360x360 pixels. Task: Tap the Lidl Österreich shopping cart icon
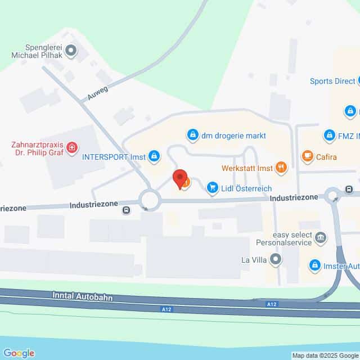point(212,187)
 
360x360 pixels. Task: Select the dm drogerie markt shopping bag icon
point(193,135)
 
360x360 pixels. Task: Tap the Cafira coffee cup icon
point(307,156)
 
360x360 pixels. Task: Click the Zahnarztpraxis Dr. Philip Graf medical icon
point(72,148)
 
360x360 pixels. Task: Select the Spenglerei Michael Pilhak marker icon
point(71,51)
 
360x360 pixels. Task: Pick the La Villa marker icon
point(276,259)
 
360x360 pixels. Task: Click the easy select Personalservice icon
point(321,238)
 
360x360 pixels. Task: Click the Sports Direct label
point(332,81)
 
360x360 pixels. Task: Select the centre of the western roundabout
point(150,199)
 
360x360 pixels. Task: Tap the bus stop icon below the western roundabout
point(126,211)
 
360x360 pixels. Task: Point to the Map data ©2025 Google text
point(325,355)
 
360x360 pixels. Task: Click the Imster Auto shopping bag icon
point(315,265)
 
